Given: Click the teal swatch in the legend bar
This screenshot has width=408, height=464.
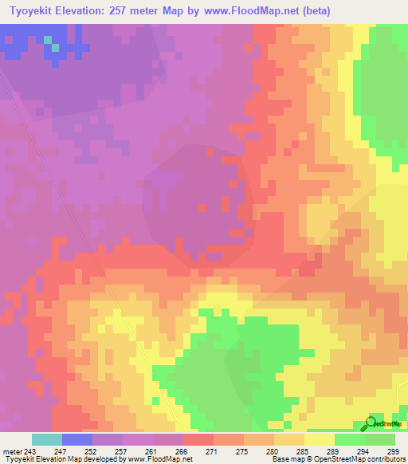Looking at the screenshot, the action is coord(47,439).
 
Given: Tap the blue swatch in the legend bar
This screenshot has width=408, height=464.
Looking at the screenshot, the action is coord(77,439).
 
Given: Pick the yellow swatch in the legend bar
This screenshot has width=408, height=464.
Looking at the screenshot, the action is coord(319,439).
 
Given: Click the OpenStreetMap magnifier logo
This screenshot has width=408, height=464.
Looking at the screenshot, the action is coord(371,423).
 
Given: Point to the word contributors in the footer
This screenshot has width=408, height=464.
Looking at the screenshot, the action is coord(385,459).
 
